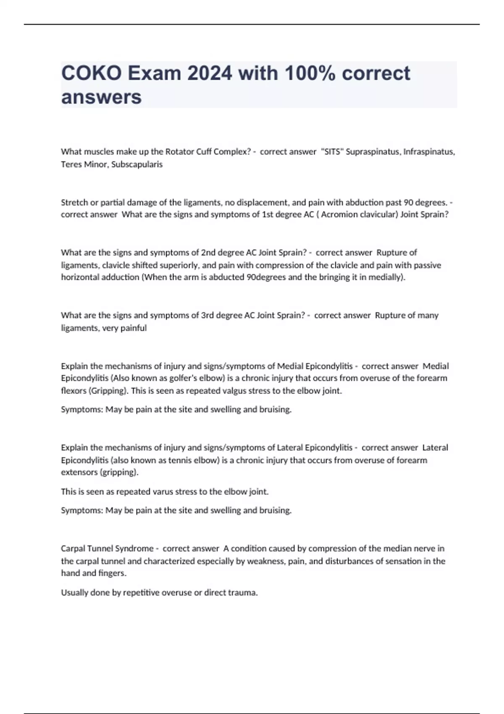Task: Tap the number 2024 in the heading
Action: pyautogui.click(x=210, y=73)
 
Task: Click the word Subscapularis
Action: pyautogui.click(x=137, y=164)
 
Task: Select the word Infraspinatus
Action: pyautogui.click(x=429, y=152)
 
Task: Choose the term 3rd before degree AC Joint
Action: pyautogui.click(x=207, y=315)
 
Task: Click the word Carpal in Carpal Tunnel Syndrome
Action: pyautogui.click(x=73, y=549)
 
